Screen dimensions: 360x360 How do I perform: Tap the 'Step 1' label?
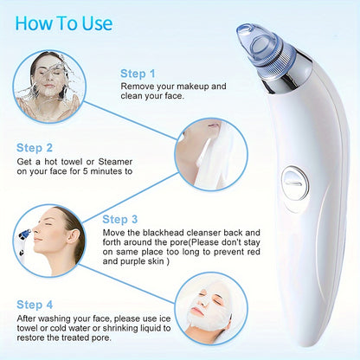click(139, 74)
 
